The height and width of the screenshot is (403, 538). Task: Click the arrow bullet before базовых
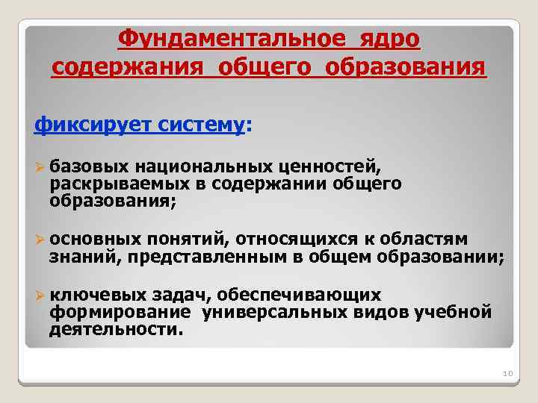point(40,165)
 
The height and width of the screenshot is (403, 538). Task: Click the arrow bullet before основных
point(40,239)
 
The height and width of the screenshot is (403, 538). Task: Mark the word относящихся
point(307,239)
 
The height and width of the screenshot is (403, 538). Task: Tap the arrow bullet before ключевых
point(40,295)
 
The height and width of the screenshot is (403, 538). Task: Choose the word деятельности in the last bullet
point(114,329)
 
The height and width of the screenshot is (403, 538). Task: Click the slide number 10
point(506,373)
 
